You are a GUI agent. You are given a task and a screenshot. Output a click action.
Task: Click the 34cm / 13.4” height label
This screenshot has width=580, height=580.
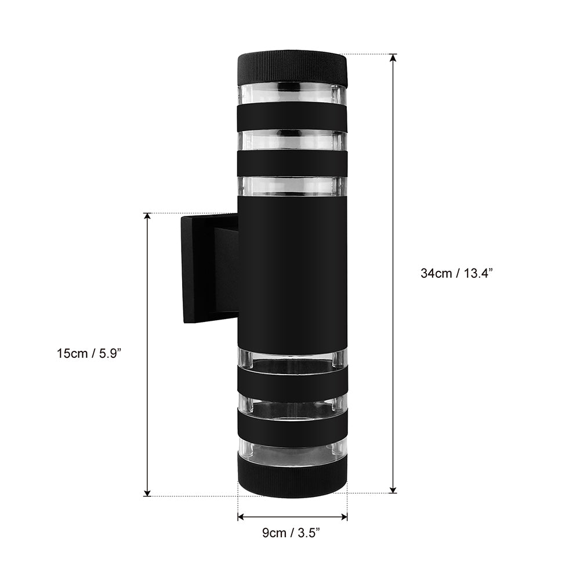456,274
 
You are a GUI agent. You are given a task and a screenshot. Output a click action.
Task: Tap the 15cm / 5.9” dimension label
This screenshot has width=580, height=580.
88,353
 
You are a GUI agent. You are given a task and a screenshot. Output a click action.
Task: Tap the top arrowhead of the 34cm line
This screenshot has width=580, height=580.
393,57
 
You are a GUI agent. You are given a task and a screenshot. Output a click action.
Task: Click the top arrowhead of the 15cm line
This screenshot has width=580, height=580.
147,217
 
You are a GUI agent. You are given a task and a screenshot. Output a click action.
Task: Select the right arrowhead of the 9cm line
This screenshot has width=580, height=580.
343,516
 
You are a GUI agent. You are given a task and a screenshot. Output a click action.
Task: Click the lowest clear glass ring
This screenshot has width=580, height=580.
292,452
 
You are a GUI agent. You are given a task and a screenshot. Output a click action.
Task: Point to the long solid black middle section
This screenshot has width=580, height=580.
292,273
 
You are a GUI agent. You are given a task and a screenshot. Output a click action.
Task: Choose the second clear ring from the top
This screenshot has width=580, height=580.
292,140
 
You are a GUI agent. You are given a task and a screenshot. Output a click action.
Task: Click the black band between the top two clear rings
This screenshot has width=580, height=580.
292,117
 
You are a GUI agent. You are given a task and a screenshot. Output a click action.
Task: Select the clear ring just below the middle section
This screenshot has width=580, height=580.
292,360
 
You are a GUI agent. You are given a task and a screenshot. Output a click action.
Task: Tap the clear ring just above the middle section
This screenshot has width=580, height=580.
292,186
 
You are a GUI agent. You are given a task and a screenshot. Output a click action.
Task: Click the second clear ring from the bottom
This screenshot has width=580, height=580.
292,406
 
